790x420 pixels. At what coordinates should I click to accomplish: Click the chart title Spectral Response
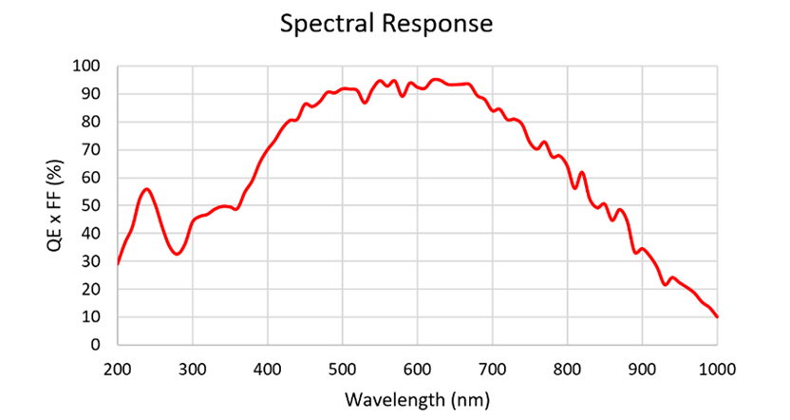pyautogui.click(x=386, y=24)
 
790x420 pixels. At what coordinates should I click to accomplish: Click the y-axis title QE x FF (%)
pyautogui.click(x=54, y=205)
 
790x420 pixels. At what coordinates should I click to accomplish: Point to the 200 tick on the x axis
pyautogui.click(x=118, y=368)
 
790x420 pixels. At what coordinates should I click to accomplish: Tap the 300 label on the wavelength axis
pyautogui.click(x=193, y=368)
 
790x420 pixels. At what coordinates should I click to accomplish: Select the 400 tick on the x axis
pyautogui.click(x=268, y=368)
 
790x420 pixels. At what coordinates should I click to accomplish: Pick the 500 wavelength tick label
pyautogui.click(x=343, y=368)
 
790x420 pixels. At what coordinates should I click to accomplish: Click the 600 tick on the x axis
pyautogui.click(x=418, y=368)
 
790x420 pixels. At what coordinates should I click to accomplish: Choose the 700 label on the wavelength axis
pyautogui.click(x=493, y=368)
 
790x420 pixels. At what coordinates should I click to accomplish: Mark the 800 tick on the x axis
pyautogui.click(x=568, y=368)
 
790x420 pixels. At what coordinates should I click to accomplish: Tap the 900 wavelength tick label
pyautogui.click(x=643, y=368)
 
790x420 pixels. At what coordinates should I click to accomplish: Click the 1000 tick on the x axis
pyautogui.click(x=718, y=368)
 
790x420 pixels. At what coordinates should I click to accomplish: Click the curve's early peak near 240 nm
pyautogui.click(x=146, y=189)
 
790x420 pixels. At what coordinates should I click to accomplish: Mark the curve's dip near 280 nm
pyautogui.click(x=177, y=254)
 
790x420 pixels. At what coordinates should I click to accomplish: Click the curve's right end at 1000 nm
pyautogui.click(x=718, y=317)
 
